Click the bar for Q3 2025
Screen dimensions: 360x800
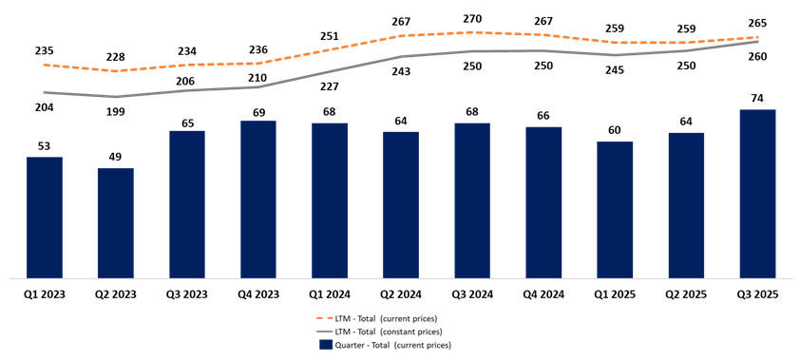(x=757, y=194)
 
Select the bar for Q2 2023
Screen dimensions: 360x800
(x=116, y=223)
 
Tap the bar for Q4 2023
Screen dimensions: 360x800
(x=258, y=199)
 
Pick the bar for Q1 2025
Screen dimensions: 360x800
(x=615, y=210)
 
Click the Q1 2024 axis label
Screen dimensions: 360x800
(x=330, y=295)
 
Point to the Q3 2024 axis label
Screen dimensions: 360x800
(x=472, y=295)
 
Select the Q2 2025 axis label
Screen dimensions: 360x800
(x=686, y=295)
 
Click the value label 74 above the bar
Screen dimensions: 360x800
(x=757, y=99)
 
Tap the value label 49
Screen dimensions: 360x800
(x=116, y=158)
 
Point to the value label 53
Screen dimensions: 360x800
(x=45, y=146)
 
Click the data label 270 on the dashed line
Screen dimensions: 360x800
(x=472, y=18)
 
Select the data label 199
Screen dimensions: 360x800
(x=116, y=113)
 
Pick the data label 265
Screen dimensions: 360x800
(x=757, y=24)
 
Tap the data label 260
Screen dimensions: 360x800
(x=757, y=57)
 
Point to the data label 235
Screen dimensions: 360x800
(x=45, y=51)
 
